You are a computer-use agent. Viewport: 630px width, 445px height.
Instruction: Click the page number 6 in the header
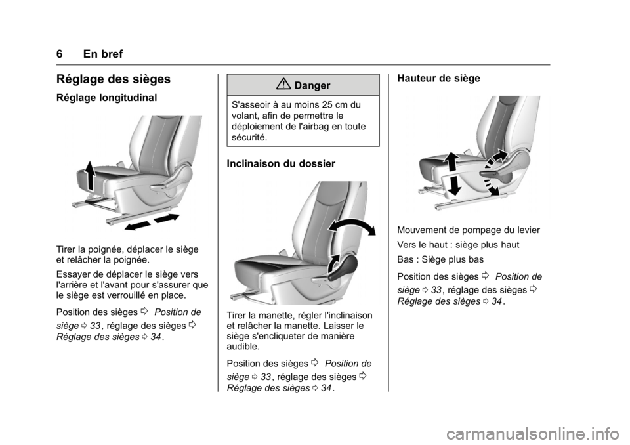(x=60, y=54)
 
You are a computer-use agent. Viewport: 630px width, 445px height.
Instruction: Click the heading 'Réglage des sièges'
(x=114, y=79)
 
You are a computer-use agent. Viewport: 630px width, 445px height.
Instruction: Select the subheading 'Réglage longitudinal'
(x=106, y=98)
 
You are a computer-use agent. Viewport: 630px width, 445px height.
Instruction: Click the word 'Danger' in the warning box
(x=312, y=85)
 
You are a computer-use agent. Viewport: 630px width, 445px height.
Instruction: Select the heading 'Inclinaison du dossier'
(x=281, y=163)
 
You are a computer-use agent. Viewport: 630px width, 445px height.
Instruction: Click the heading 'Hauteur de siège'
(x=438, y=78)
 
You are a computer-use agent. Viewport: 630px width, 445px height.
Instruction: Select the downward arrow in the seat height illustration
(x=454, y=184)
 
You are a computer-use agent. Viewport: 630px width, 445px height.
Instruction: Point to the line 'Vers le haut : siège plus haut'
(x=458, y=245)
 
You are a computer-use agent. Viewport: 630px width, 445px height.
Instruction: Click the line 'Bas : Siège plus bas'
(x=440, y=260)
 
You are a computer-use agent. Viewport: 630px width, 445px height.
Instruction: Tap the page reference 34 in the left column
(x=156, y=337)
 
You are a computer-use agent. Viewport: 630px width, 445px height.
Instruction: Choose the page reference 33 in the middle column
(x=266, y=377)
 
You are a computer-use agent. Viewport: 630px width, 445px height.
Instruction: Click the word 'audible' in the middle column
(x=243, y=347)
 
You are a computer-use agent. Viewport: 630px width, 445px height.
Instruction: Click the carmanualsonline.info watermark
(x=533, y=434)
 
